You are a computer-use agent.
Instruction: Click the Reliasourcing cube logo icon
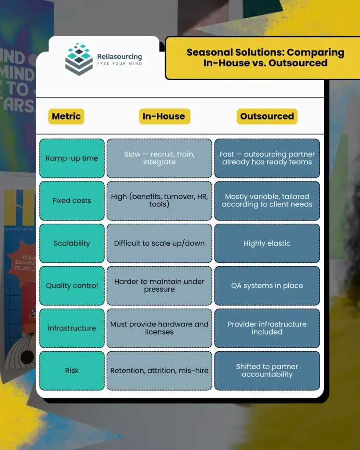79,59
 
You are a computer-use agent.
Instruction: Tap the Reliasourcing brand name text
120,57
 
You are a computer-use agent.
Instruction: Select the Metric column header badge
66,116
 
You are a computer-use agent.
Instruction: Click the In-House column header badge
164,116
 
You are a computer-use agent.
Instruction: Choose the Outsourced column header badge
267,116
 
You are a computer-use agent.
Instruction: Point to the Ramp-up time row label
72,158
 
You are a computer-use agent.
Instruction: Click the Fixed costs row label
72,200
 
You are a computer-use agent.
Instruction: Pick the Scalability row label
72,243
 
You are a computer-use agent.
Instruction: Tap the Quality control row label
72,286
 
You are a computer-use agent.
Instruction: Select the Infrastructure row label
72,328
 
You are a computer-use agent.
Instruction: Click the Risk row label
72,370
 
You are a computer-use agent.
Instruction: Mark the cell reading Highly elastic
267,243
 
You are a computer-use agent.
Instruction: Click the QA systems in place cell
267,286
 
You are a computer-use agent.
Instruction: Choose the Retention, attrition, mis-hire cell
159,370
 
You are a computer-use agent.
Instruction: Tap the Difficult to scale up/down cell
159,243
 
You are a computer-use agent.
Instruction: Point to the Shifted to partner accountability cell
267,370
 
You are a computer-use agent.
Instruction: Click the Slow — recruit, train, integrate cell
159,158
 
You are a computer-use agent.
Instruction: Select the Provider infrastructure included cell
267,328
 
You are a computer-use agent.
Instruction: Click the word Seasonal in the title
210,53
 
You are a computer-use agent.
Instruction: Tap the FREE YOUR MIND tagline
120,63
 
